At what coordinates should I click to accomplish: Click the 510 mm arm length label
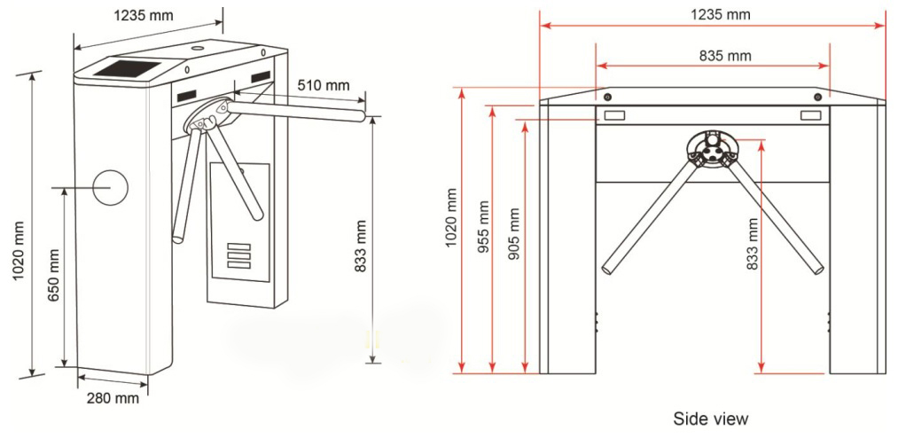[324, 85]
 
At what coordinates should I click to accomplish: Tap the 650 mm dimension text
[54, 277]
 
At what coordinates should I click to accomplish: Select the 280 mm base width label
[113, 398]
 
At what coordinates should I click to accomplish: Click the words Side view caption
[710, 418]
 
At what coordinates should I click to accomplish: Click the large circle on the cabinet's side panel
[110, 187]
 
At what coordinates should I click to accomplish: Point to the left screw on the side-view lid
[607, 96]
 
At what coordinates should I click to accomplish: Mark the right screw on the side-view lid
[818, 96]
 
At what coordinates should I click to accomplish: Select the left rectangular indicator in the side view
[615, 115]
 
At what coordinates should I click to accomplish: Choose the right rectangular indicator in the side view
[811, 115]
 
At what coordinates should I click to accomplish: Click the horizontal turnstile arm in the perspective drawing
[297, 112]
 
